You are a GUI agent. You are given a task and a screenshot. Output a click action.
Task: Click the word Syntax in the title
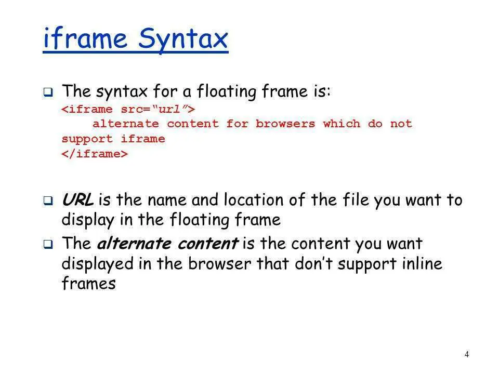pyautogui.click(x=183, y=39)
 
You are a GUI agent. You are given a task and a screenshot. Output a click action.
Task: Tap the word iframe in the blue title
pyautogui.click(x=85, y=37)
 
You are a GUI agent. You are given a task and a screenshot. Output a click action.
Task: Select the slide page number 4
pyautogui.click(x=467, y=354)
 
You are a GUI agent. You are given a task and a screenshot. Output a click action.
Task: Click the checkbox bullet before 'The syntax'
pyautogui.click(x=48, y=92)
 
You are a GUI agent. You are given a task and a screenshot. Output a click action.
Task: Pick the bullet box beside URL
pyautogui.click(x=48, y=201)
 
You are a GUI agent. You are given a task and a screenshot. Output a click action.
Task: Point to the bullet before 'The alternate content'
pyautogui.click(x=48, y=244)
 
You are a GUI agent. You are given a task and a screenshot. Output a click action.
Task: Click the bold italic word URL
pyautogui.click(x=77, y=199)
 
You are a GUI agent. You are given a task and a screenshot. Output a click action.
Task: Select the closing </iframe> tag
pyautogui.click(x=95, y=154)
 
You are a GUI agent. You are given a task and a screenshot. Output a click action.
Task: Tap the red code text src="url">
pyautogui.click(x=158, y=109)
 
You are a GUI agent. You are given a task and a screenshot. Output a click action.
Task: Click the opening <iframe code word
pyautogui.click(x=87, y=109)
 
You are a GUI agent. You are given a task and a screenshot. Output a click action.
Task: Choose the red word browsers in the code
pyautogui.click(x=285, y=124)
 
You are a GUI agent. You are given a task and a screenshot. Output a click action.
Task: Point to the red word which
pyautogui.click(x=342, y=124)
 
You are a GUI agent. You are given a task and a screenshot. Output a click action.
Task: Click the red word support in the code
pyautogui.click(x=87, y=139)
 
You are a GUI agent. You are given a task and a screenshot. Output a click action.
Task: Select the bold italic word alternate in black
pyautogui.click(x=134, y=244)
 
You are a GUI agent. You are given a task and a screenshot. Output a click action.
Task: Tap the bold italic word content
pyautogui.click(x=208, y=244)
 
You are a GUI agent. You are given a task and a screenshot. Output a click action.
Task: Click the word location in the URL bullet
pyautogui.click(x=254, y=199)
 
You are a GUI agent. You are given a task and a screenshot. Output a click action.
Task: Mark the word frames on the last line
pyautogui.click(x=89, y=283)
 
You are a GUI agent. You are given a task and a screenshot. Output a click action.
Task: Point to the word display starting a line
pyautogui.click(x=87, y=220)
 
